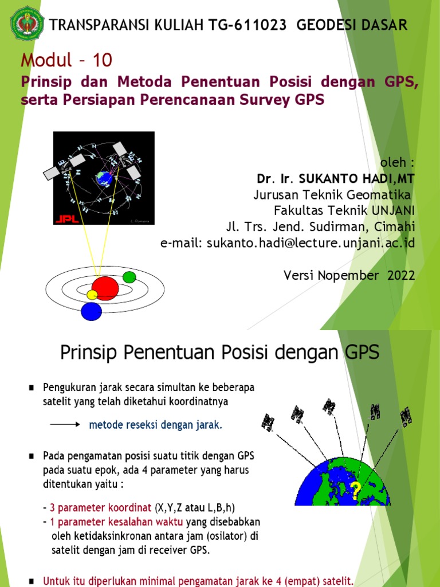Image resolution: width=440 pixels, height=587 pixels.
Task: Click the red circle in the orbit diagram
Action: tap(105, 288)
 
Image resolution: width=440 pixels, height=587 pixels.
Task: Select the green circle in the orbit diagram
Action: tap(129, 277)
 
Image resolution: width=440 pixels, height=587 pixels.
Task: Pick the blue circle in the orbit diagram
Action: tap(91, 311)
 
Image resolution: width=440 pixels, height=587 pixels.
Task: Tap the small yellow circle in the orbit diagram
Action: tap(92, 295)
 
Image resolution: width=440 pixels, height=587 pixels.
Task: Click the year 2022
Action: tap(401, 275)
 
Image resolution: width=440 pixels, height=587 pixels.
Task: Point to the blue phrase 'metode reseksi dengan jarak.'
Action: tap(155, 425)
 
